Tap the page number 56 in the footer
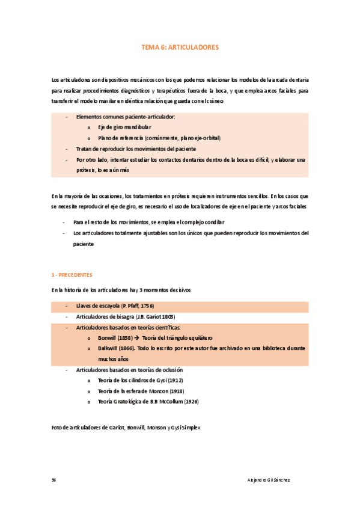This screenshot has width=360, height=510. (54, 480)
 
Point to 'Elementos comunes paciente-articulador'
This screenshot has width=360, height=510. (125, 117)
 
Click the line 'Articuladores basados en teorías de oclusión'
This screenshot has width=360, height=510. (129, 370)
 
